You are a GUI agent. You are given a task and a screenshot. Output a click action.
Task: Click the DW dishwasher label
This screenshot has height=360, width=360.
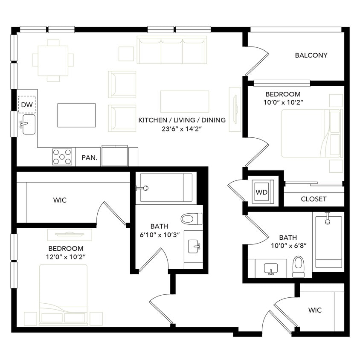pyautogui.click(x=26, y=104)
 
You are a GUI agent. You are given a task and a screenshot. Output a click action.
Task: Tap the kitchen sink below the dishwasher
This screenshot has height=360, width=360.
pyautogui.click(x=28, y=124)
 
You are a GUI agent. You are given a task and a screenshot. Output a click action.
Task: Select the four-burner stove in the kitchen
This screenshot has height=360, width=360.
pyautogui.click(x=62, y=157)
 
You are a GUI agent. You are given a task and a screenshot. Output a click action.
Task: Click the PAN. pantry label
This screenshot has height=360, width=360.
pyautogui.click(x=90, y=157)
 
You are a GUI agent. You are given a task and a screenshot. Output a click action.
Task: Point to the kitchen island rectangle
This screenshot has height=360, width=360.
pyautogui.click(x=77, y=115)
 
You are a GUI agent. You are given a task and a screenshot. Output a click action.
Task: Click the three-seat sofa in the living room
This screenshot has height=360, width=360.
pyautogui.click(x=172, y=50)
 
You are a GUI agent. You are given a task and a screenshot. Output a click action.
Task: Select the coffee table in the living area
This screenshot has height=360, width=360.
pyautogui.click(x=184, y=101)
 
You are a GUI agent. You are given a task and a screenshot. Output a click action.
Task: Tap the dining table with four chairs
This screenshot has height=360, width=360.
pyautogui.click(x=53, y=60)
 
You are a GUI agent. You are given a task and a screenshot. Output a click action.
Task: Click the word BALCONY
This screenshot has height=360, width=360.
pyautogui.click(x=311, y=55)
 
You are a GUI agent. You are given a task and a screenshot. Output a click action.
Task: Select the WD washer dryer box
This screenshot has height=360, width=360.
pyautogui.click(x=261, y=192)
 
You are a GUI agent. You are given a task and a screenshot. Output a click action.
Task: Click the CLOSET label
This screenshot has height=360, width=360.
pyautogui.click(x=314, y=199)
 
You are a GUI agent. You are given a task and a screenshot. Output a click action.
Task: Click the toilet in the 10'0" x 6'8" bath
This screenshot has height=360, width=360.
pyautogui.click(x=299, y=266)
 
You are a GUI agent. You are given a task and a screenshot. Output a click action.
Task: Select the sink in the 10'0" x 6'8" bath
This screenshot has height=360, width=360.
pyautogui.click(x=270, y=269)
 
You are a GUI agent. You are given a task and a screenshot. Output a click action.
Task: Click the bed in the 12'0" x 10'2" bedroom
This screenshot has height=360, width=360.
pyautogui.click(x=64, y=294)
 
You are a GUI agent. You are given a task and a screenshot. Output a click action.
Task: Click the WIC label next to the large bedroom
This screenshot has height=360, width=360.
pyautogui.click(x=60, y=200)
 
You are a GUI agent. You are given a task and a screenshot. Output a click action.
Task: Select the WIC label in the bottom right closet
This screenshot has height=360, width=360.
pyautogui.click(x=315, y=310)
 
